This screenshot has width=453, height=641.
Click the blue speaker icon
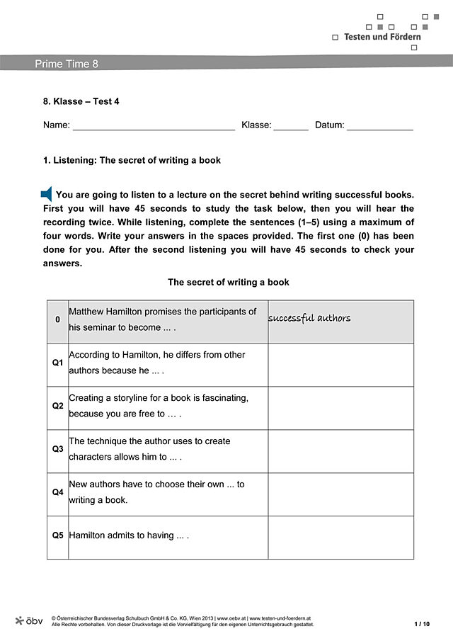[x=47, y=194]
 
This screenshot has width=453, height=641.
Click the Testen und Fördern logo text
[x=382, y=36]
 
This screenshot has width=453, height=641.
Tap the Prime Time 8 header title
[x=67, y=64]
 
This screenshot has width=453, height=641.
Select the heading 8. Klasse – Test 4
[x=81, y=101]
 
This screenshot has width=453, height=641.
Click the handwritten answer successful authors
[x=309, y=319]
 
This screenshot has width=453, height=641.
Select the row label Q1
[x=58, y=363]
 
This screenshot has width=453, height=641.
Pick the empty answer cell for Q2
[x=340, y=407]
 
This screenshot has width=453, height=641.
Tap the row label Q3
[x=58, y=449]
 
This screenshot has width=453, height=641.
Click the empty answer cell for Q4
[x=340, y=494]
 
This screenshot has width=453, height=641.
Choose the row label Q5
[x=58, y=535]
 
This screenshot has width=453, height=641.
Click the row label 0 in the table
[x=58, y=319]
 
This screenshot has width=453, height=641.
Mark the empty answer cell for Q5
[x=340, y=537]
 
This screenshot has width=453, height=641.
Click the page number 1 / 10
[x=421, y=624]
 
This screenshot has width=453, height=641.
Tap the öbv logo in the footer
[x=29, y=620]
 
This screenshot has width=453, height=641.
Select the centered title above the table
[x=228, y=282]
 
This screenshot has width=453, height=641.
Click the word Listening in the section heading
[x=74, y=160]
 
